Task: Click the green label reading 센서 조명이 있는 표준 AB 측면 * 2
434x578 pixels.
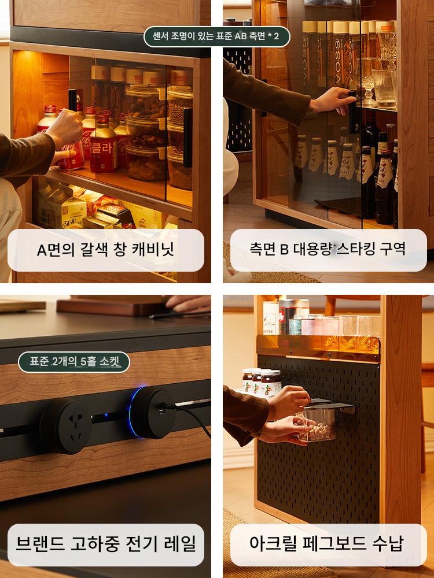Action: [x=216, y=36]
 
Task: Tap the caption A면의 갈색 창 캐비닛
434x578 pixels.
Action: [x=105, y=250]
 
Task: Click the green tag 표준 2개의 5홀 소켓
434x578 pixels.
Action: [x=74, y=362]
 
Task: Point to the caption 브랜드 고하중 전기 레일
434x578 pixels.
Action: [x=105, y=544]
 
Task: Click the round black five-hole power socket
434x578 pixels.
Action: [x=66, y=425]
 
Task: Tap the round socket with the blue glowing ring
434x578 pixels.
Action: [x=152, y=412]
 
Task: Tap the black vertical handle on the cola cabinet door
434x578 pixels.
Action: [x=188, y=138]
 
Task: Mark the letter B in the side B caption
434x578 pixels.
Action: [x=284, y=249]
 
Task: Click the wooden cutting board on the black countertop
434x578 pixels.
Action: [x=115, y=306]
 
